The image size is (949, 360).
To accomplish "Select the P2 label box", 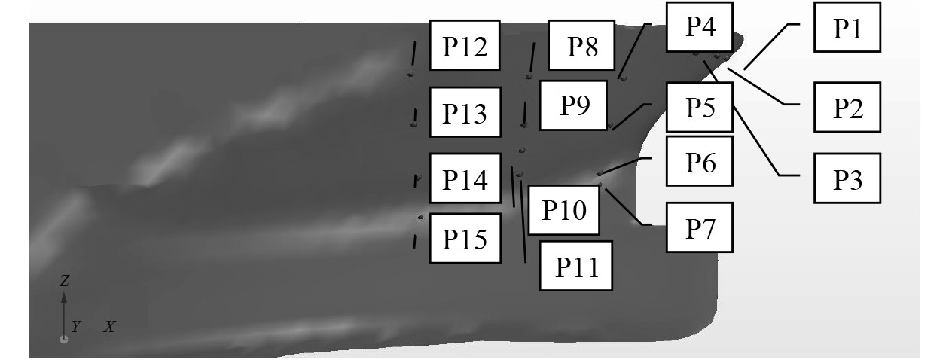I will point(847,107).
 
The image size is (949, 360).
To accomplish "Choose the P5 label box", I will point(700,107).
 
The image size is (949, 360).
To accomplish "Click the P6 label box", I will point(700,160).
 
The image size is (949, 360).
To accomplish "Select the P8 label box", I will point(582,45).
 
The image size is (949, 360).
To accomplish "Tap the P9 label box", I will point(573,105).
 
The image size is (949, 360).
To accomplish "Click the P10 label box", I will point(564,209).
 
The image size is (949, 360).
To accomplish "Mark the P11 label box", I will point(576,265).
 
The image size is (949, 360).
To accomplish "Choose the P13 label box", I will point(465,112).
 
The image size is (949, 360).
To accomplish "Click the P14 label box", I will point(465,178).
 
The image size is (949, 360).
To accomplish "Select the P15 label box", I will point(465,238).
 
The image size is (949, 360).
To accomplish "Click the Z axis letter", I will point(64,281).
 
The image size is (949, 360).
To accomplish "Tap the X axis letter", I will point(110,327).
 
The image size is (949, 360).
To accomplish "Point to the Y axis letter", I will point(75,326).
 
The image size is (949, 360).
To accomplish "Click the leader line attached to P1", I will point(770,47).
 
